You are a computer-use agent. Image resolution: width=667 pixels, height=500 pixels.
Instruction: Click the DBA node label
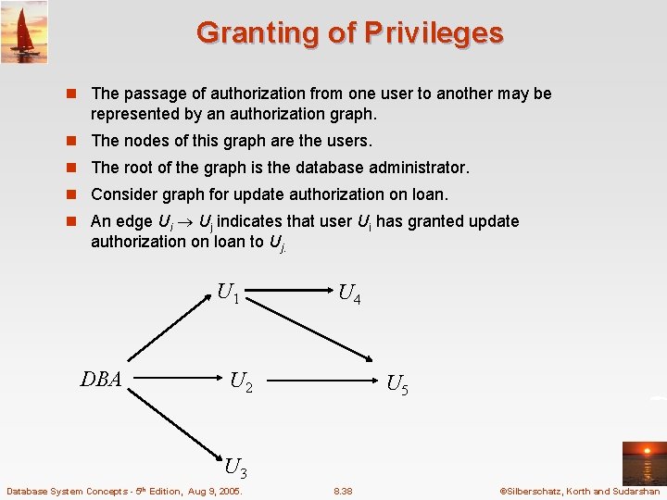click(101, 379)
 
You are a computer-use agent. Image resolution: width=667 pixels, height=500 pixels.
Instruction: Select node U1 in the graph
click(229, 294)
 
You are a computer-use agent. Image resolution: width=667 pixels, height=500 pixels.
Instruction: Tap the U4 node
click(349, 295)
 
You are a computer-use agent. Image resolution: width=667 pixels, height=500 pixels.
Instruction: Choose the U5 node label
click(396, 384)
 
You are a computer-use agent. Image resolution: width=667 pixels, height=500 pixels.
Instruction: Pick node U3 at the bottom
click(235, 468)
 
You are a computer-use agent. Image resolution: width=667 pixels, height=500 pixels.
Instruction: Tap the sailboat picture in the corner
click(24, 32)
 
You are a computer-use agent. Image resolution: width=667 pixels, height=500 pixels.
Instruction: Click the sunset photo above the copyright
click(644, 460)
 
